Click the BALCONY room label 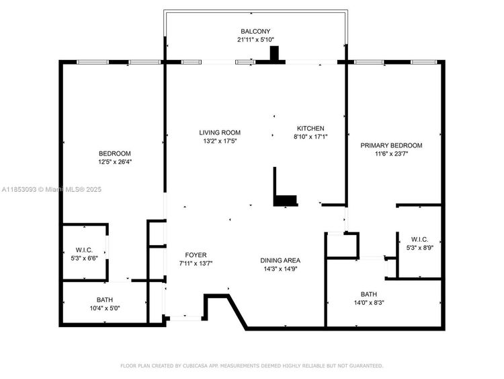point(255,31)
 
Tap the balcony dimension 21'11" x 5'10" point(255,40)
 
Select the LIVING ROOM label point(220,133)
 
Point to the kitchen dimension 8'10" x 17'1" point(310,137)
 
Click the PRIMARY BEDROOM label point(391,145)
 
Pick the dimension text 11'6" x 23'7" point(391,153)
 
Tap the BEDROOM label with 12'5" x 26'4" point(115,153)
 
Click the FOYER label point(196,255)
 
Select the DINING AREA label point(280,260)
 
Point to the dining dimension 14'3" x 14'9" point(280,269)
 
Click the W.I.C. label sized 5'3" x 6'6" point(84,250)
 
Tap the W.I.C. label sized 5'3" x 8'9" point(419,239)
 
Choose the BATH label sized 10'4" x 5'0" point(105,300)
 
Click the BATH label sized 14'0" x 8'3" point(369,294)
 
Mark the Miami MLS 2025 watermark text point(52,189)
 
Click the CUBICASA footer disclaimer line point(252,366)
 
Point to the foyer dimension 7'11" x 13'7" point(196,263)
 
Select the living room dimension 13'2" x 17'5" point(220,141)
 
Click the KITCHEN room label point(310,128)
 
